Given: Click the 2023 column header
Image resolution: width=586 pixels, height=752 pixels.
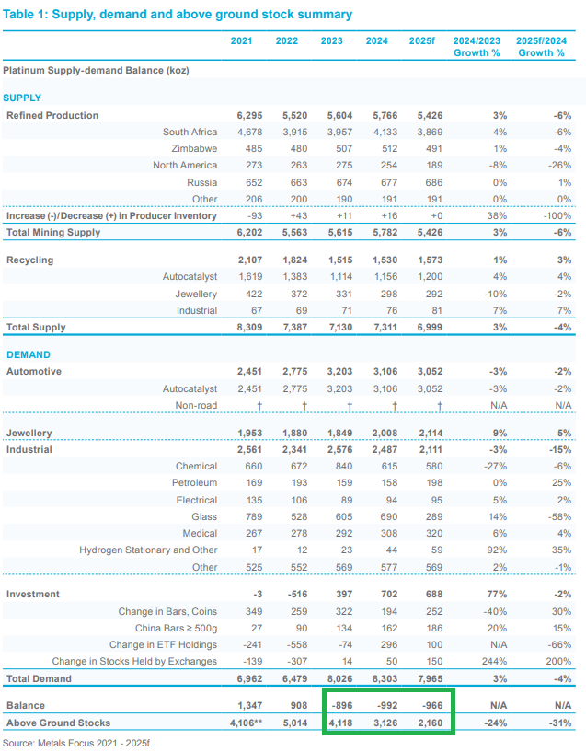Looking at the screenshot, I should click(331, 40).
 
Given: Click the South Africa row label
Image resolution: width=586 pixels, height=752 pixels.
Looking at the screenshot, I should click(190, 133).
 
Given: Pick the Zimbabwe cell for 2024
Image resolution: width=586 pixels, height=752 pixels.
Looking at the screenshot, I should click(376, 149).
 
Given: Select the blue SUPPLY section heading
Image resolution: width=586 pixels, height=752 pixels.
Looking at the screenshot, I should click(22, 98).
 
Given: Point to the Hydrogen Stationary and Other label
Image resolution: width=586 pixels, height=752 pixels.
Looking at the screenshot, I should click(148, 550).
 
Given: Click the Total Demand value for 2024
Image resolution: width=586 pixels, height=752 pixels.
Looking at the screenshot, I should click(376, 678).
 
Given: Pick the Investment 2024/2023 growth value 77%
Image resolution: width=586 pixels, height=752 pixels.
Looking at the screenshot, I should click(474, 595).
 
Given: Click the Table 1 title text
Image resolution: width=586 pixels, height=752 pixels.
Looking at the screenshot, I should click(177, 15).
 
